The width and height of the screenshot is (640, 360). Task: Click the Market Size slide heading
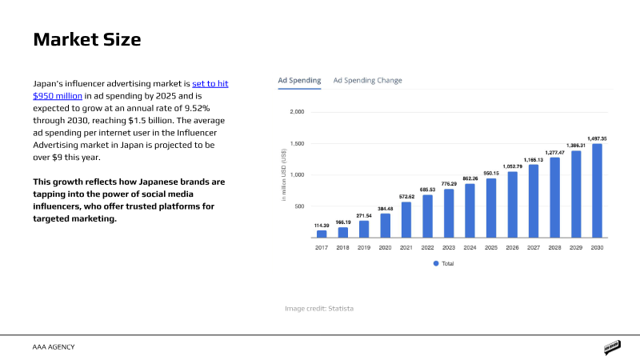point(87,39)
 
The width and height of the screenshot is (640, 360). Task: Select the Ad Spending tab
point(299,81)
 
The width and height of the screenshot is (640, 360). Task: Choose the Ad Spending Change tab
point(367,81)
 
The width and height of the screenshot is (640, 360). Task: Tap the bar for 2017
point(322,234)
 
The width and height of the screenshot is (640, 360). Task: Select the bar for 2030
point(597,190)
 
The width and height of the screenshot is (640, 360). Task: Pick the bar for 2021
point(406,219)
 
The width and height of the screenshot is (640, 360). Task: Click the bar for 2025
point(491,208)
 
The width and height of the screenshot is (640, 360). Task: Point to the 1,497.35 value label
point(597,138)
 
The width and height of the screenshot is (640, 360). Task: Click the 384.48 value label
point(386,209)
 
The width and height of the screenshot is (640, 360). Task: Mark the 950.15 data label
point(491,173)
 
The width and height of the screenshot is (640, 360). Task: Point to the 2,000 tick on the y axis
point(297,112)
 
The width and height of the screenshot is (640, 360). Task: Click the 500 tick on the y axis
point(299,206)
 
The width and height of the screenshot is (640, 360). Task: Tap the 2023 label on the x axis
point(449,247)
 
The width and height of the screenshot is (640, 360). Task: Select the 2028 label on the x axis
point(554,247)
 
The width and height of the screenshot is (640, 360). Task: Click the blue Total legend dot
point(436,264)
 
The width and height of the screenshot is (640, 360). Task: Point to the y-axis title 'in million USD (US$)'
point(284,174)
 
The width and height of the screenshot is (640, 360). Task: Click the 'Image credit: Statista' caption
point(319,309)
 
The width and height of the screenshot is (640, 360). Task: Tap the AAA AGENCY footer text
point(54,347)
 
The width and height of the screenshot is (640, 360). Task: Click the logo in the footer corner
point(612,347)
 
